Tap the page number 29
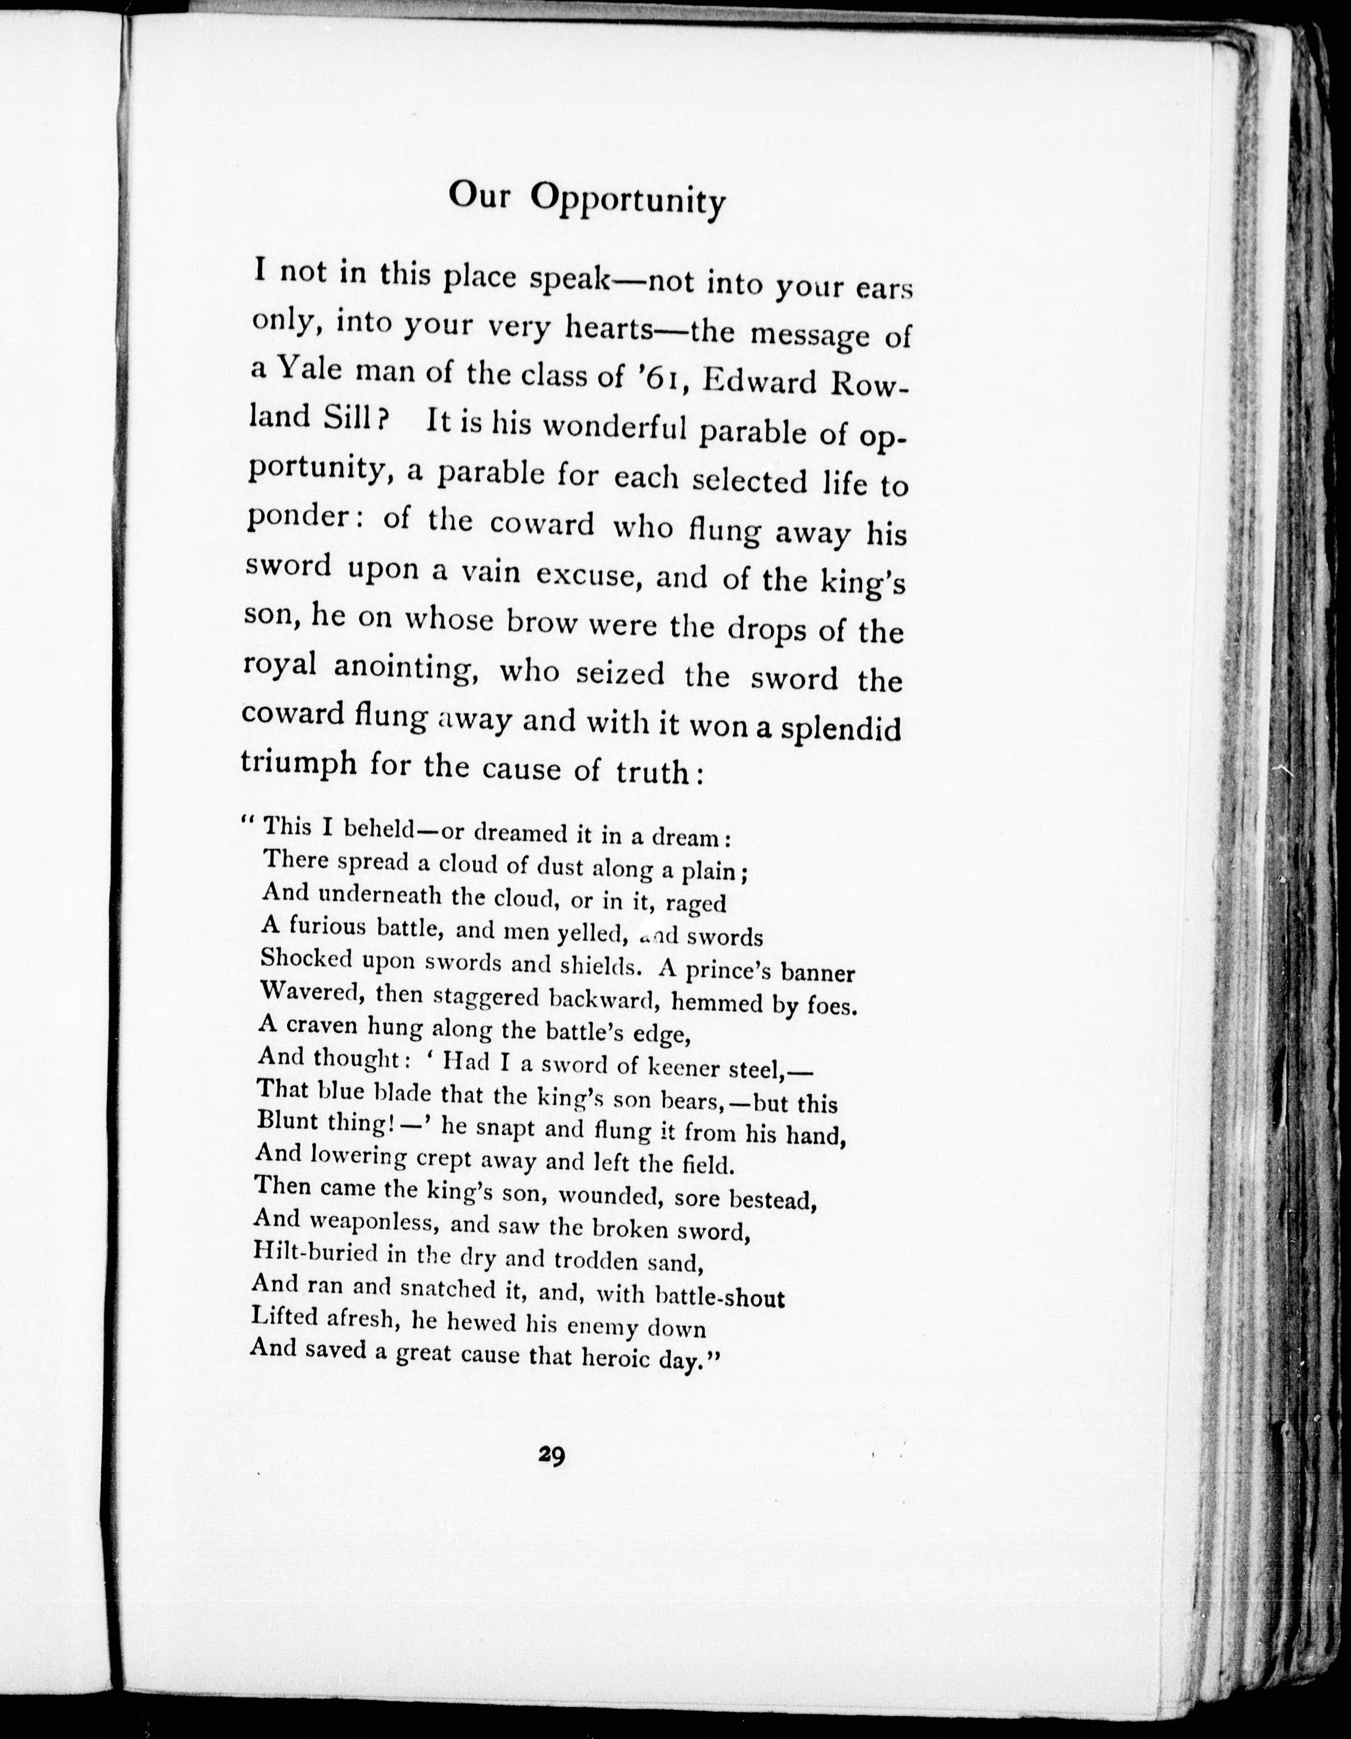[551, 1456]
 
